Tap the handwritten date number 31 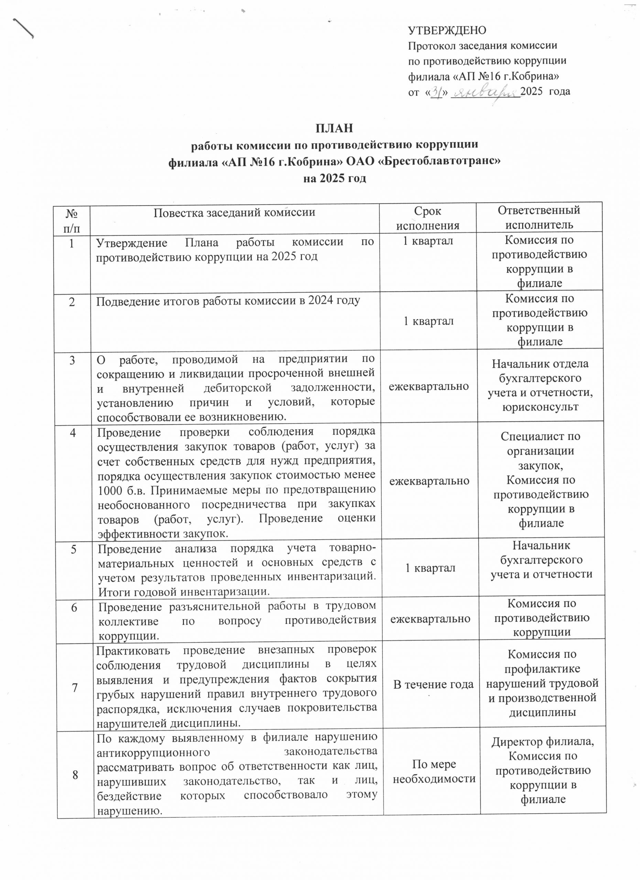coord(438,92)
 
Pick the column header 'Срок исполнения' coord(427,218)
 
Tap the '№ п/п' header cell coord(73,219)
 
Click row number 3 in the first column coord(73,361)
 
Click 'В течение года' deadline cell coord(434,684)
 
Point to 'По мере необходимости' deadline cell coord(434,771)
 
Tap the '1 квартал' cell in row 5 coord(430,568)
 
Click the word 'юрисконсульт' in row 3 coord(540,407)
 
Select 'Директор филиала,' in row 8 coord(543,742)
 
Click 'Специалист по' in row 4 coord(540,436)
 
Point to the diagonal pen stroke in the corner coord(24,27)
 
